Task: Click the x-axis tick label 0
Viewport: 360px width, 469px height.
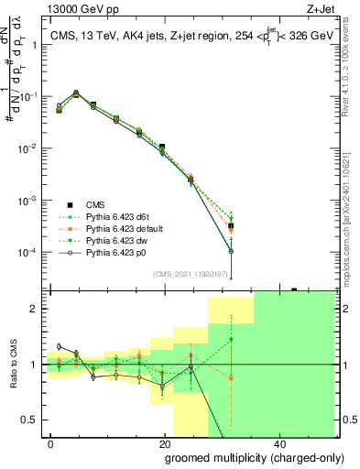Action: point(51,443)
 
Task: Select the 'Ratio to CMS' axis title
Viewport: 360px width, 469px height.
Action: point(14,364)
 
